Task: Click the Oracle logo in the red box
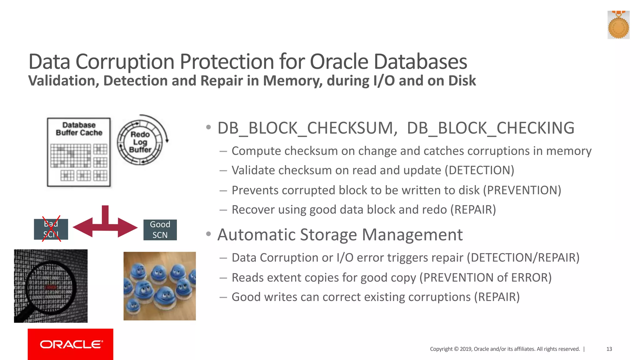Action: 71,344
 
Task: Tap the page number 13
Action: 609,349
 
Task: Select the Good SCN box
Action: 160,230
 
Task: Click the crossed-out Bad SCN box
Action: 51,229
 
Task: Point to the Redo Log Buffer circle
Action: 140,142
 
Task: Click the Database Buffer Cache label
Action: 79,129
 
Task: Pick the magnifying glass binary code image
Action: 51,286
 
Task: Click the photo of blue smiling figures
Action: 159,286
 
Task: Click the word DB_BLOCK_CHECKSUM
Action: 307,128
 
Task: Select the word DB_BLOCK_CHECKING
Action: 490,128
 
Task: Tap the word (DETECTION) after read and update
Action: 479,170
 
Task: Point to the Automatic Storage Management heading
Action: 340,234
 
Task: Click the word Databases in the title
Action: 420,62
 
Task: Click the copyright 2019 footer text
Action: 504,349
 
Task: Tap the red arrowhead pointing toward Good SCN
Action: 128,227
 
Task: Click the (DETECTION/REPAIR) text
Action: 523,257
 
